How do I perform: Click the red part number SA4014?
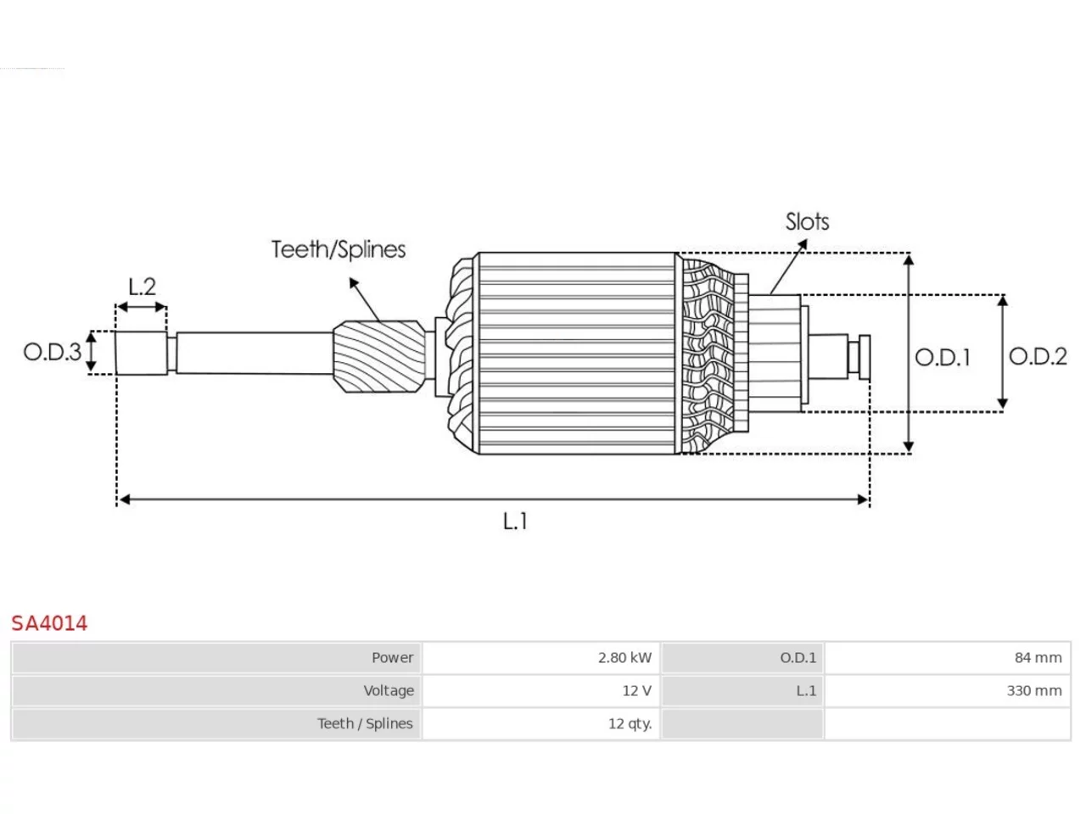click(49, 623)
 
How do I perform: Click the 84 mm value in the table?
click(1038, 658)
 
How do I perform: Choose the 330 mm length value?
click(1034, 690)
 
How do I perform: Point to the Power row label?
click(392, 658)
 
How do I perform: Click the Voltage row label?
click(389, 690)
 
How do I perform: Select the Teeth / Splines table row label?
click(365, 723)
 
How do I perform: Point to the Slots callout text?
click(807, 221)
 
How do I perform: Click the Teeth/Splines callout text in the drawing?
click(339, 249)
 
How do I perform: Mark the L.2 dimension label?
click(142, 287)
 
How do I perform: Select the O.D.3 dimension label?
click(52, 352)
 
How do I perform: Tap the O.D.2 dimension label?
click(1038, 357)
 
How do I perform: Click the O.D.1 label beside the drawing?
click(943, 357)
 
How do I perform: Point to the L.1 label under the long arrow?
click(515, 521)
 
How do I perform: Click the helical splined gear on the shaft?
click(379, 356)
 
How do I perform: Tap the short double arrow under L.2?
click(142, 308)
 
